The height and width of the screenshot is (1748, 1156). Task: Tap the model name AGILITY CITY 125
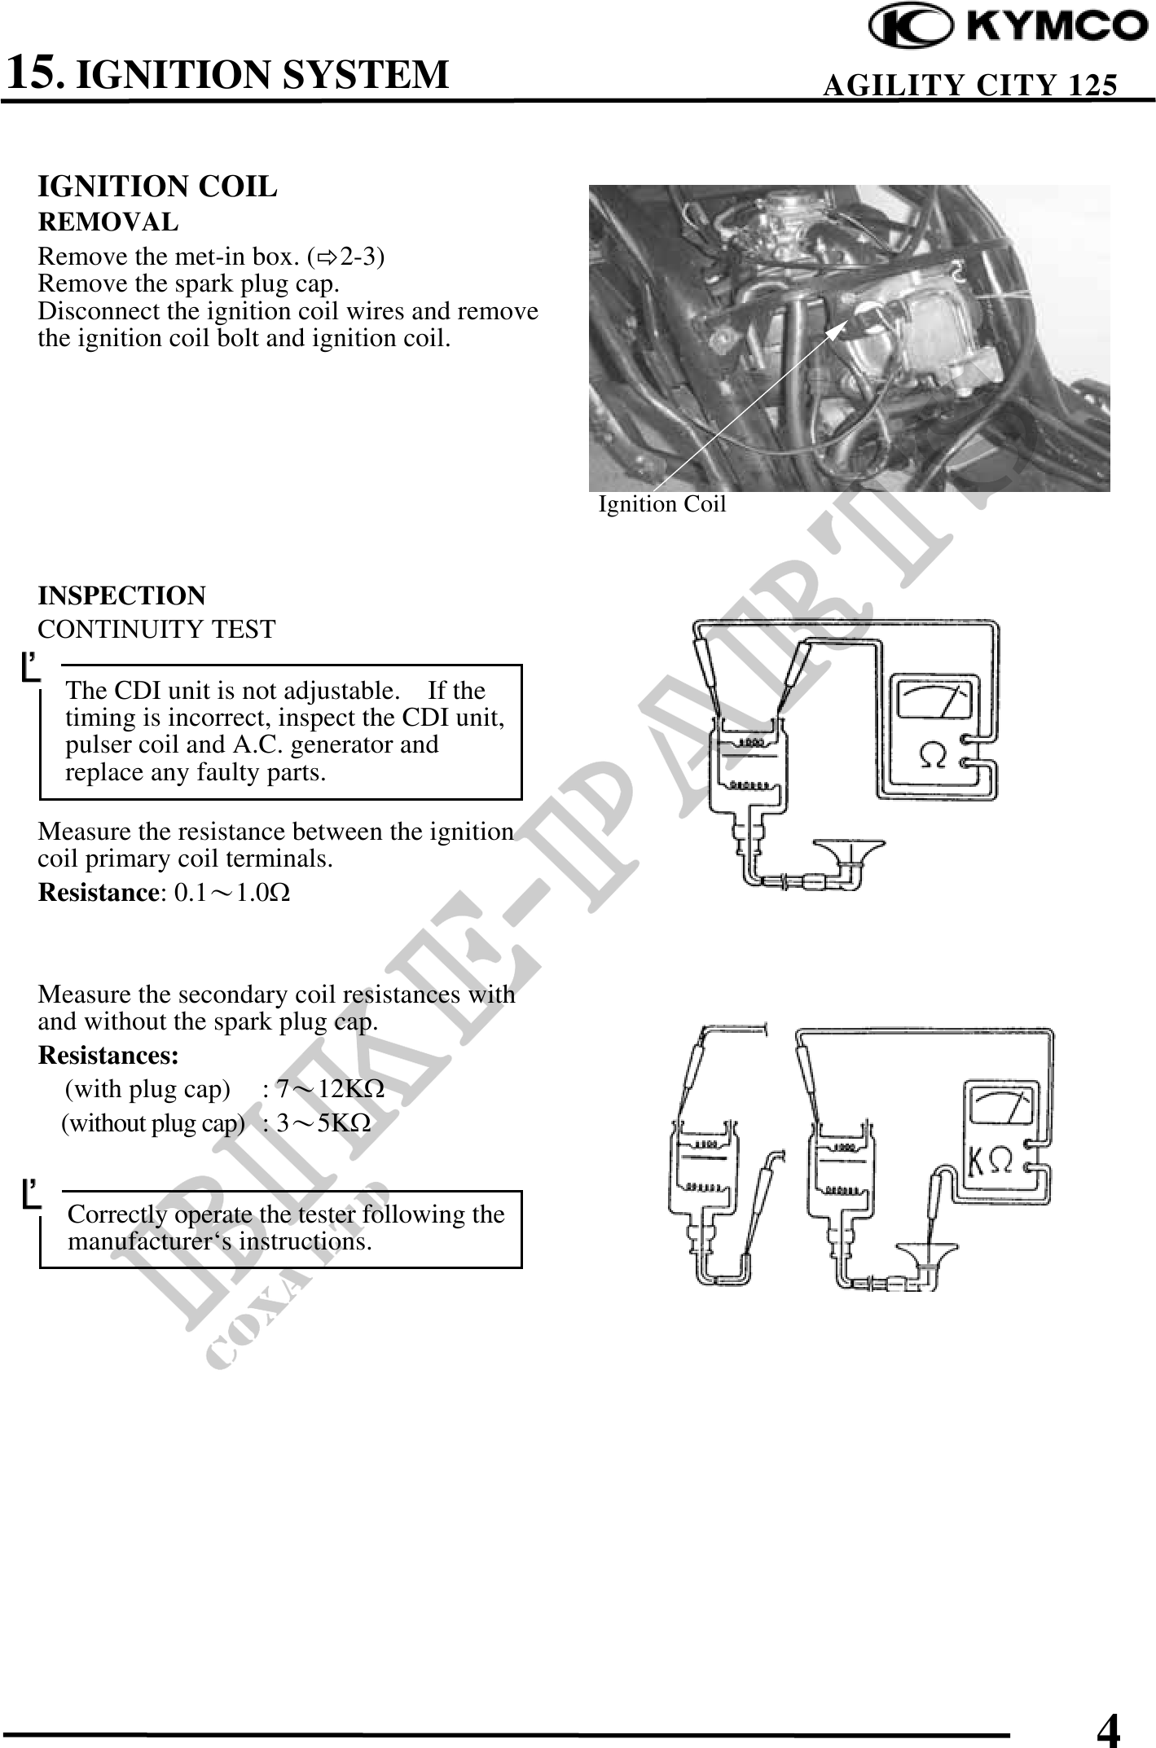(969, 85)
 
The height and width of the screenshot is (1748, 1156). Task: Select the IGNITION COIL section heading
(157, 187)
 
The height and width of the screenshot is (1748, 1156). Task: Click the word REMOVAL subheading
(108, 222)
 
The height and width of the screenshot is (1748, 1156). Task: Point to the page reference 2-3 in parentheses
(358, 257)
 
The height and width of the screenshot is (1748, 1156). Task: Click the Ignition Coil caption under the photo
(662, 504)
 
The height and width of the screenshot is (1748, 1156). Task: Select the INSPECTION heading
(121, 595)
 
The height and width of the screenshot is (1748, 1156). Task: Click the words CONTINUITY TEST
(156, 630)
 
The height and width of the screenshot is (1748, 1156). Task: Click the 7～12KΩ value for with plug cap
(330, 1089)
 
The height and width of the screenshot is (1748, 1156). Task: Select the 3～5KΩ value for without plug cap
(323, 1124)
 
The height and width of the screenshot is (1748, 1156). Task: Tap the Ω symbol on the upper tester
(934, 755)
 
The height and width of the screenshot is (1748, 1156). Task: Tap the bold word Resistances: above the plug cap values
(108, 1056)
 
